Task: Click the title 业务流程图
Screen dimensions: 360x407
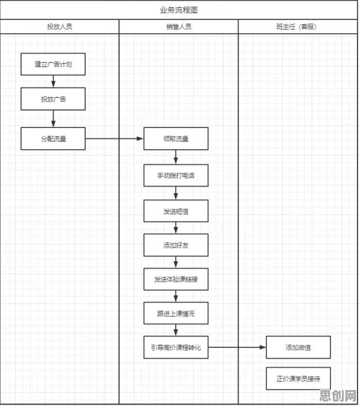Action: coord(179,10)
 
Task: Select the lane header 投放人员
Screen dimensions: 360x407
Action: coord(59,27)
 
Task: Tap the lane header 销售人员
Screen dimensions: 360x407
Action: coord(179,27)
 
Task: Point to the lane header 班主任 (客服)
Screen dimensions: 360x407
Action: coord(296,27)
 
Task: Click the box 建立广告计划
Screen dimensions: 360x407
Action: coord(53,64)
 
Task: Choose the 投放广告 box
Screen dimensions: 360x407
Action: coord(53,99)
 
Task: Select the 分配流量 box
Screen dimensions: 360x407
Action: coord(53,139)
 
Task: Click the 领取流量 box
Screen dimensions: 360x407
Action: coord(176,139)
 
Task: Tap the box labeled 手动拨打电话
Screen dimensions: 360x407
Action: coord(176,176)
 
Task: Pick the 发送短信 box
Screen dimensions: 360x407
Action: coord(176,211)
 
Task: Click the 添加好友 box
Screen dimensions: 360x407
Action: coord(176,245)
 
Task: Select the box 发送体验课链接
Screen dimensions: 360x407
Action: coord(176,279)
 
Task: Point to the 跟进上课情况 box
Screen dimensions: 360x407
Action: coord(176,313)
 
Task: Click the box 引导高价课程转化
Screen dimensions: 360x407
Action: coord(176,347)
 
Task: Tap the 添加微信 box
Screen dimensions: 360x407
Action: coord(298,347)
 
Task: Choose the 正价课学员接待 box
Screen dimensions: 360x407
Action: coord(298,379)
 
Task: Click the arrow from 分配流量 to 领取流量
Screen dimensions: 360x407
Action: coord(114,139)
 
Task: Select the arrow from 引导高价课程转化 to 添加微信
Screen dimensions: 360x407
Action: coord(237,347)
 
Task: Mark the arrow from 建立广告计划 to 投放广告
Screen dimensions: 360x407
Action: coord(53,82)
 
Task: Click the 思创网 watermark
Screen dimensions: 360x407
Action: coord(338,396)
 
